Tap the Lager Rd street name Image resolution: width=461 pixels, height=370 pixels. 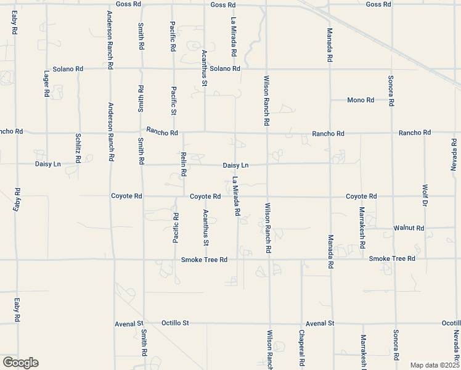click(x=46, y=84)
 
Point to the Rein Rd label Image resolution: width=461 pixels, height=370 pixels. click(x=183, y=165)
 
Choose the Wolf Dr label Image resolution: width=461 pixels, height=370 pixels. click(x=425, y=195)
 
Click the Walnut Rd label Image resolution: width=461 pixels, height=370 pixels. click(x=409, y=228)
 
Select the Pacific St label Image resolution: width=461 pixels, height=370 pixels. click(x=174, y=101)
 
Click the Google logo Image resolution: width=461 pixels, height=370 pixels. click(x=20, y=363)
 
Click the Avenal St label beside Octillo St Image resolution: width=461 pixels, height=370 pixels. click(x=129, y=323)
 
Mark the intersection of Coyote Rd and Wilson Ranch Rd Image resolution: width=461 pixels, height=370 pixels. click(x=267, y=197)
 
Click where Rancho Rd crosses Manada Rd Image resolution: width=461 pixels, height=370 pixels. click(x=330, y=133)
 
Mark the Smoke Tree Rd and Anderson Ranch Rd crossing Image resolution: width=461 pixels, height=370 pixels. click(x=113, y=260)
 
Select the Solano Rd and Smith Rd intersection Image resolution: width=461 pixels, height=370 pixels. click(x=142, y=68)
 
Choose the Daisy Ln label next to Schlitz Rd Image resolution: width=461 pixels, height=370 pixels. click(x=48, y=164)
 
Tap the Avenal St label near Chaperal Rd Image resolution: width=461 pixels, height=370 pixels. click(x=319, y=323)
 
